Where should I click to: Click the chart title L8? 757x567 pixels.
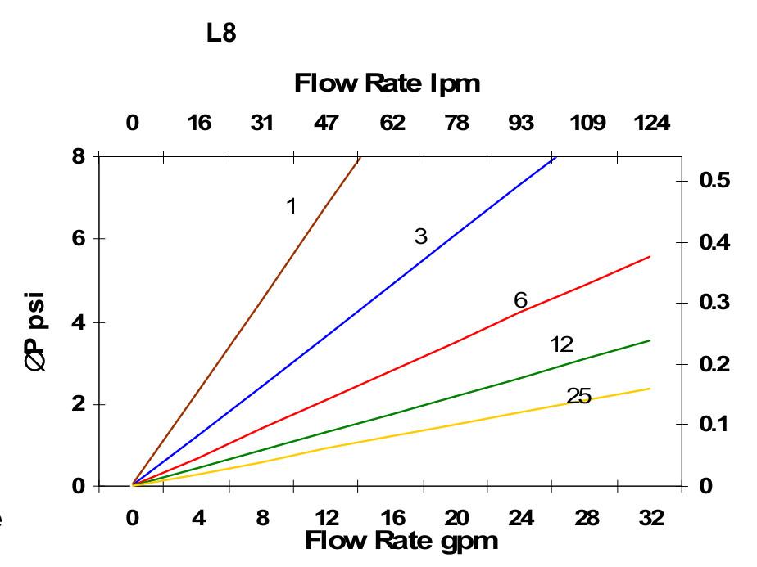pyautogui.click(x=221, y=36)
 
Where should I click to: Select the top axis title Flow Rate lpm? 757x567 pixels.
pyautogui.click(x=387, y=83)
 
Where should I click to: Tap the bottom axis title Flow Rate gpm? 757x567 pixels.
pyautogui.click(x=401, y=541)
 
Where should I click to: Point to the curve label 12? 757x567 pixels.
pyautogui.click(x=561, y=344)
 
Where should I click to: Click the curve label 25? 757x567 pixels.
pyautogui.click(x=578, y=397)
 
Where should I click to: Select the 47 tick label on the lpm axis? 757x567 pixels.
pyautogui.click(x=326, y=124)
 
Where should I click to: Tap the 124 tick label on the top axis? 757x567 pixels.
pyautogui.click(x=652, y=124)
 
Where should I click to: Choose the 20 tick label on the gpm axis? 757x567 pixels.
pyautogui.click(x=456, y=518)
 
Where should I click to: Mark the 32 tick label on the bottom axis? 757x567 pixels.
pyautogui.click(x=652, y=518)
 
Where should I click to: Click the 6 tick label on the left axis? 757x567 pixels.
pyautogui.click(x=79, y=239)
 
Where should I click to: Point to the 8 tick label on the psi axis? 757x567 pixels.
pyautogui.click(x=79, y=155)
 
